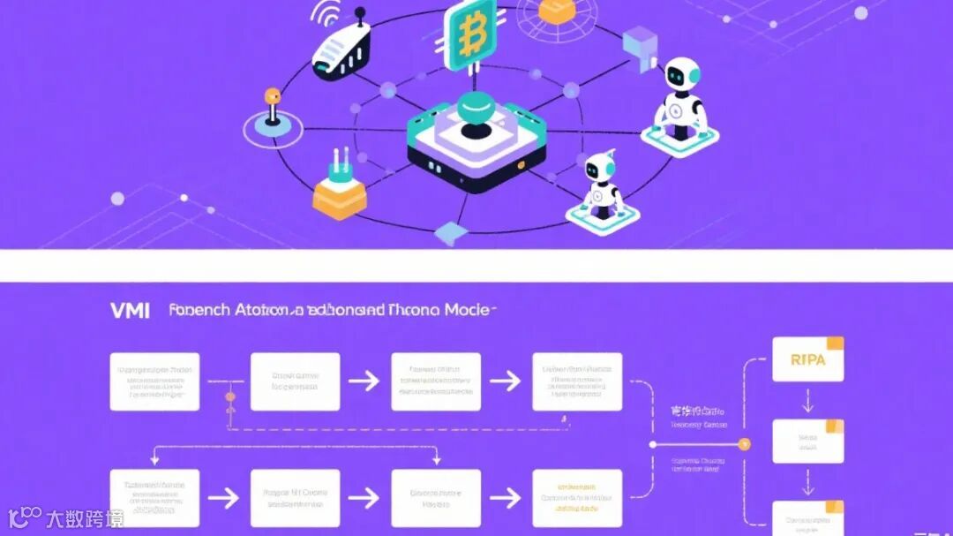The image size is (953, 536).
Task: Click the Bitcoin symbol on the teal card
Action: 470,34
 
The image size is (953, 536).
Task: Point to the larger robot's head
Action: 683,75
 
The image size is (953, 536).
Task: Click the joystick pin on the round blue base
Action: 272,109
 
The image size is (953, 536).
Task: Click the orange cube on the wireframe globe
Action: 555,10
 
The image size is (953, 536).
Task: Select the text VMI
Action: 131,310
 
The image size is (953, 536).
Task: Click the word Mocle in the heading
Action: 469,310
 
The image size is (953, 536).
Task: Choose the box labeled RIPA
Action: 807,359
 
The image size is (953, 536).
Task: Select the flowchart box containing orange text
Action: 577,497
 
